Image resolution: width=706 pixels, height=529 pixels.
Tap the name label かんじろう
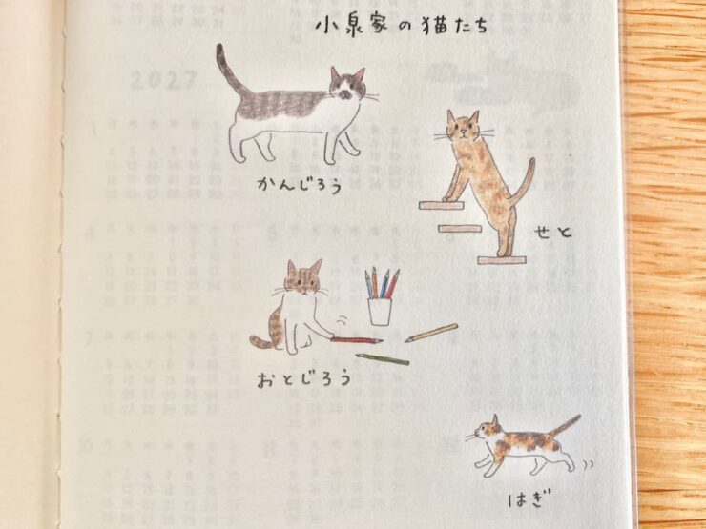point(299,181)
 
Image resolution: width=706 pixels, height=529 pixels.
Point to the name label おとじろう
point(303,378)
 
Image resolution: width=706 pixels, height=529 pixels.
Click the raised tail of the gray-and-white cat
point(227,71)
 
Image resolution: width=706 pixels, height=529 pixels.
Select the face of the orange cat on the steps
point(463,130)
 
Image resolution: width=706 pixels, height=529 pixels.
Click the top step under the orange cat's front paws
point(441,205)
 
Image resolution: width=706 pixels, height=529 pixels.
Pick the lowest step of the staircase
point(502,259)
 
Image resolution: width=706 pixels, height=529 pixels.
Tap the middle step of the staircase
point(461,229)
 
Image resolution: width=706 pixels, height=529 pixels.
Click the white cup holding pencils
point(381,311)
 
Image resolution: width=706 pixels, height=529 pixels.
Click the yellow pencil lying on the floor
point(430,333)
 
